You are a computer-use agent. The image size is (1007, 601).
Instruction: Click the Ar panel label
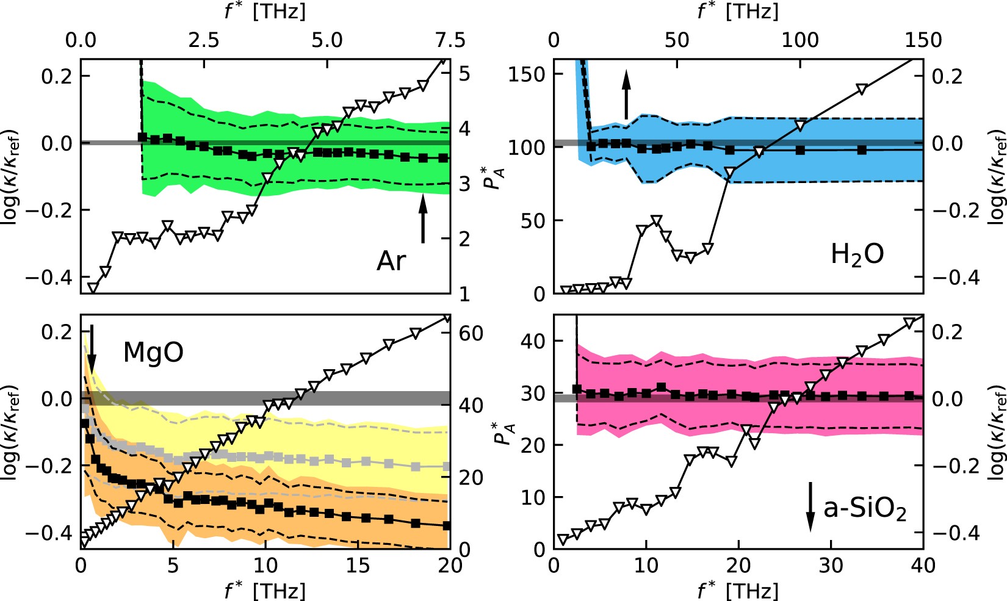click(x=391, y=261)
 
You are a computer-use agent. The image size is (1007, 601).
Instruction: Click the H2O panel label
click(x=857, y=254)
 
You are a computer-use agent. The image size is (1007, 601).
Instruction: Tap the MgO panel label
click(x=153, y=352)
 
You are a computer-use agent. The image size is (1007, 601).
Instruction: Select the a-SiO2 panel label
click(x=865, y=508)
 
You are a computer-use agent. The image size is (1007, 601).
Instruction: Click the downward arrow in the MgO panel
click(x=92, y=348)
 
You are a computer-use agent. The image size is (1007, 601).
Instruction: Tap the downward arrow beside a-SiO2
click(x=810, y=506)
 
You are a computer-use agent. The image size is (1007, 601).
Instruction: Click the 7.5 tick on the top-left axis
click(x=450, y=40)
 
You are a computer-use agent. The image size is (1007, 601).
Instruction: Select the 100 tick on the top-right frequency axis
click(x=799, y=40)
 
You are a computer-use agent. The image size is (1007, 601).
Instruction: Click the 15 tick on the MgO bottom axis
click(x=358, y=566)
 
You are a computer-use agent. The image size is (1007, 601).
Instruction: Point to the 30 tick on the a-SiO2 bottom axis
click(x=831, y=566)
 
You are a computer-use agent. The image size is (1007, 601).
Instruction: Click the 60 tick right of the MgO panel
click(x=471, y=333)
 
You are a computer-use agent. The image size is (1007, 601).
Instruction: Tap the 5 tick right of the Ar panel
click(x=464, y=74)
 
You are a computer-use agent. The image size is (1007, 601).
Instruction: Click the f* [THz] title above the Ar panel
click(x=265, y=12)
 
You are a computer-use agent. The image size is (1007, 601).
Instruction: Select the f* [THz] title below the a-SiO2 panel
click(x=738, y=590)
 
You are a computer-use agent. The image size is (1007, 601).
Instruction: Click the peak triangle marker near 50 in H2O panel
click(x=656, y=220)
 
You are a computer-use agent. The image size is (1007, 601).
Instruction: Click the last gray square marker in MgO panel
click(x=446, y=467)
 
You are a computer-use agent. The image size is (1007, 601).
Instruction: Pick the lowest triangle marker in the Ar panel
click(x=93, y=287)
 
